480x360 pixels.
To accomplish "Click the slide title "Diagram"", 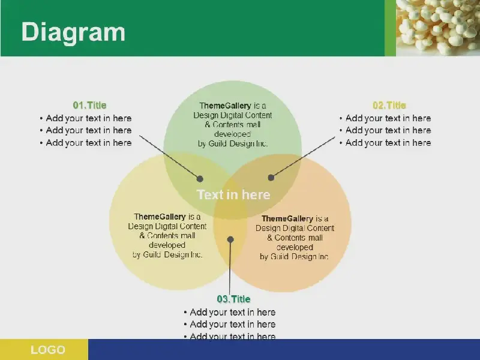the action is tap(73, 32).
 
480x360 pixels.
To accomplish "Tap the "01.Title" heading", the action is tap(89, 106).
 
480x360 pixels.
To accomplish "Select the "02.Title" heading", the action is tap(389, 106).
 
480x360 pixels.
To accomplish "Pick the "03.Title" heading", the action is tap(233, 299).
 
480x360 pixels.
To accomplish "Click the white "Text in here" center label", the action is tap(233, 194).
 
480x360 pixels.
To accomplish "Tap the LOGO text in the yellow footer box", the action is tap(48, 350).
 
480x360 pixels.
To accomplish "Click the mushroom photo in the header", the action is tap(438, 28).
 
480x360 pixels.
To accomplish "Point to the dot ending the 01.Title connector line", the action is tap(200, 179).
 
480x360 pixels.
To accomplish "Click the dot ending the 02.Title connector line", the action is tap(271, 178).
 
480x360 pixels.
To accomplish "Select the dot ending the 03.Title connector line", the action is tap(230, 239).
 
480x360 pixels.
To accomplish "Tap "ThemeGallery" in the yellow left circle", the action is tap(160, 217).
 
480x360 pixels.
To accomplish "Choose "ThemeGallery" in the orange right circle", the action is tap(287, 219).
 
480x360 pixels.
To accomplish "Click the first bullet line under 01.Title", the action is tap(86, 118).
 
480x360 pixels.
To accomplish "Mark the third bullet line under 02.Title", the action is tap(385, 143).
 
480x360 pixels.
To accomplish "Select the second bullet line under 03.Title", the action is tap(230, 324).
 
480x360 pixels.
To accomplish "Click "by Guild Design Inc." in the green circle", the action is tap(233, 143).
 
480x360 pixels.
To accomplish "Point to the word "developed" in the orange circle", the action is tap(295, 247).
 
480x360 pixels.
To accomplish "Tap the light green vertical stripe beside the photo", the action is tap(391, 28).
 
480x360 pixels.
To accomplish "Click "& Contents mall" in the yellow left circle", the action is tap(167, 236).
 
